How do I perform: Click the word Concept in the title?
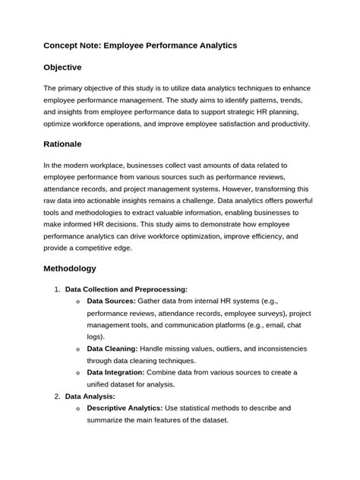point(64,46)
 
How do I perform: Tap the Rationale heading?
point(67,144)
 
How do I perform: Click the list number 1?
point(57,289)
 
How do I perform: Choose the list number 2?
point(57,396)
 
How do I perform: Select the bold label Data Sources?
point(111,301)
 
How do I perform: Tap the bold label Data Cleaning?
point(112,348)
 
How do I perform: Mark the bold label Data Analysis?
point(90,396)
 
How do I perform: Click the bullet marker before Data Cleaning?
point(79,349)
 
